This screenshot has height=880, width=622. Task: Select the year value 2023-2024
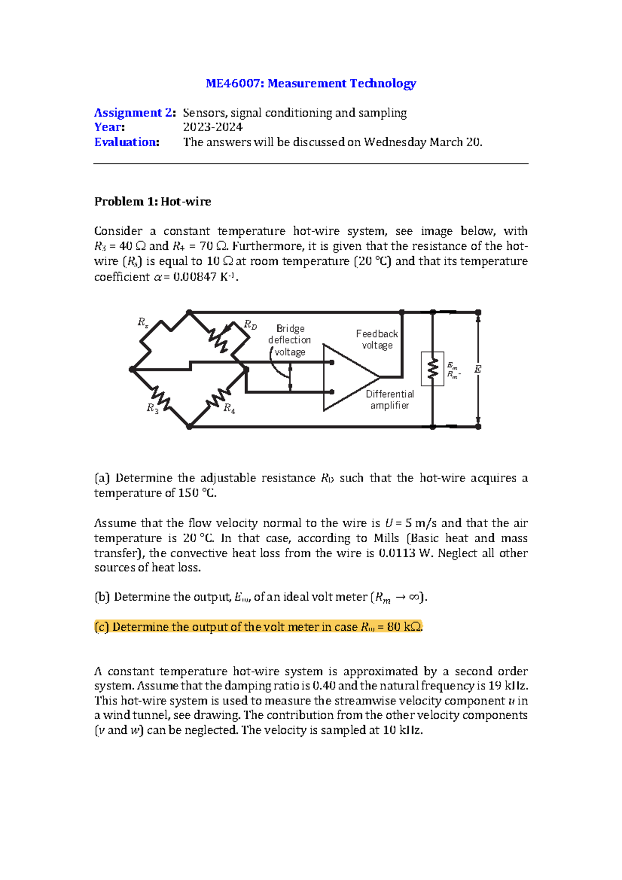click(x=213, y=127)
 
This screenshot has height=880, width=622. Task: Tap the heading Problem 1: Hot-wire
click(x=152, y=202)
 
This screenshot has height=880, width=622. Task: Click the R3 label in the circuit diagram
click(x=152, y=408)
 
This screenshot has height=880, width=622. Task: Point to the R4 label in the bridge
click(x=229, y=409)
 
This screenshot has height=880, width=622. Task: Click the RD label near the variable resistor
click(x=250, y=325)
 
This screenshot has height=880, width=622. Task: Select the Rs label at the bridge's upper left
click(x=143, y=322)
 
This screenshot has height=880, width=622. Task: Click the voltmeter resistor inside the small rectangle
click(x=432, y=369)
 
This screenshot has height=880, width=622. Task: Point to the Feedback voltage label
click(x=377, y=339)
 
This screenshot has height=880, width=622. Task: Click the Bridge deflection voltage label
click(x=289, y=340)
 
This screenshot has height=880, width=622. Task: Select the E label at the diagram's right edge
click(x=477, y=370)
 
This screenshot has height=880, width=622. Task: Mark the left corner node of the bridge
click(x=132, y=370)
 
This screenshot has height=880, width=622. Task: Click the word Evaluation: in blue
click(x=126, y=143)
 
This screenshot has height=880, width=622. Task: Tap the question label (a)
click(x=102, y=478)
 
